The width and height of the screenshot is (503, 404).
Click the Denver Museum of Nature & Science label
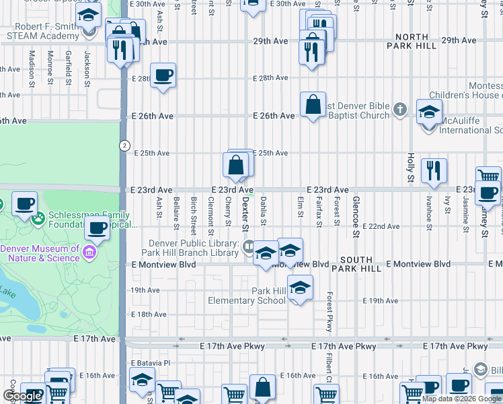coord(40,252)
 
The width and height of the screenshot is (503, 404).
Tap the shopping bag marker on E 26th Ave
coord(313,105)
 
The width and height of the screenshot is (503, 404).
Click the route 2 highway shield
coord(124,145)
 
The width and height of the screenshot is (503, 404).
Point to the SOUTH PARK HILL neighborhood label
coord(365,264)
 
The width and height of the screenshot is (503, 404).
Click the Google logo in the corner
coord(22,395)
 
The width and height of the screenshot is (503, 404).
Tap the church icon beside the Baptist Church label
coord(400,109)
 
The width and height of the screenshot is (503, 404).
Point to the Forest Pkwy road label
coord(330,312)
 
